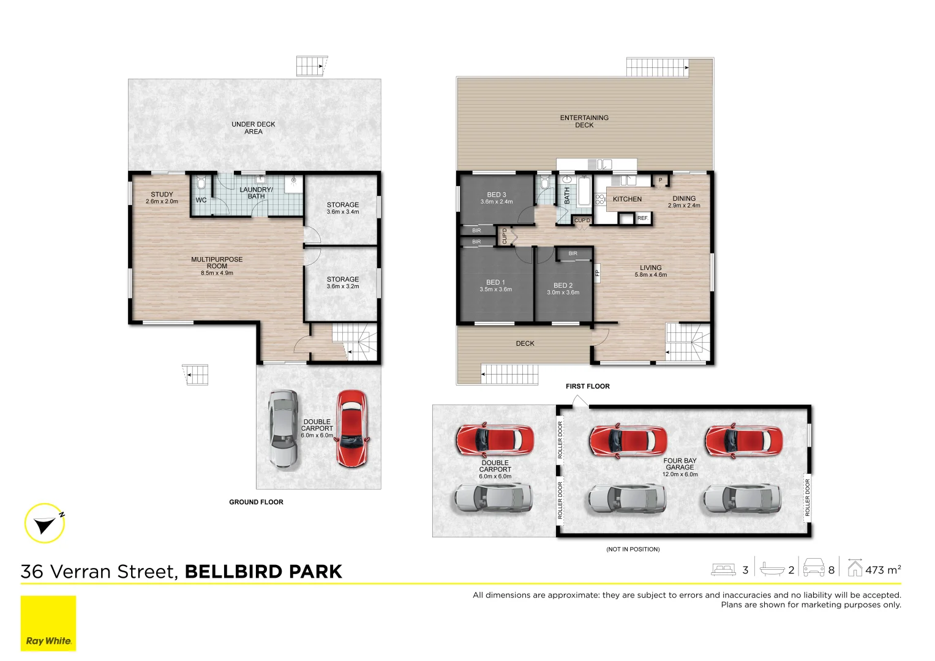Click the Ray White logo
(48, 623)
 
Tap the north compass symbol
(45, 523)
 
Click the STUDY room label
(162, 195)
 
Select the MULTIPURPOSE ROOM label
(217, 263)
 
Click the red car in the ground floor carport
(351, 428)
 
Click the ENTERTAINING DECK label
(584, 121)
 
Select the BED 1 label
(495, 282)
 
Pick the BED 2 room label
(563, 285)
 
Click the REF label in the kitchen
(642, 218)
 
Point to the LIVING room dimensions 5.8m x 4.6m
(650, 275)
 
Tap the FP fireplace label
(597, 272)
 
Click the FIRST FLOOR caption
(587, 386)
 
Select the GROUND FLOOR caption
(256, 502)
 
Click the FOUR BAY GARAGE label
(680, 464)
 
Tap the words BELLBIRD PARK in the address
(263, 572)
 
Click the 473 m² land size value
(882, 570)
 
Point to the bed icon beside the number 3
(723, 570)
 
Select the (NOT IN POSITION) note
(633, 549)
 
